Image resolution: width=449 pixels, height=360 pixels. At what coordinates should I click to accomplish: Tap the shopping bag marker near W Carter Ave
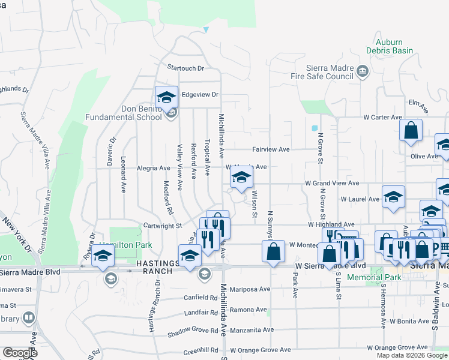[x=411, y=131]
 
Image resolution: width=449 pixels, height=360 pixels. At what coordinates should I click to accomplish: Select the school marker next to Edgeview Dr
[x=166, y=97]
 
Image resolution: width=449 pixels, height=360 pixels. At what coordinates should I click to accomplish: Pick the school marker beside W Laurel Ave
[x=393, y=197]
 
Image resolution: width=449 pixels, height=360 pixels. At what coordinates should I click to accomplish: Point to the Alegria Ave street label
[x=154, y=169]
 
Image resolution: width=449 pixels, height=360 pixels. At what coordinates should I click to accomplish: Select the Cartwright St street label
[x=161, y=226]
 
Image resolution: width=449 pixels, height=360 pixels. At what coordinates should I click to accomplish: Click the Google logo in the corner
[x=20, y=353]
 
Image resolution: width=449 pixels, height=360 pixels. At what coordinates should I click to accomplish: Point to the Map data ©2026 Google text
[x=412, y=355]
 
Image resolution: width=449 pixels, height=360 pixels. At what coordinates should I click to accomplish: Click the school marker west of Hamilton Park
[x=103, y=254]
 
